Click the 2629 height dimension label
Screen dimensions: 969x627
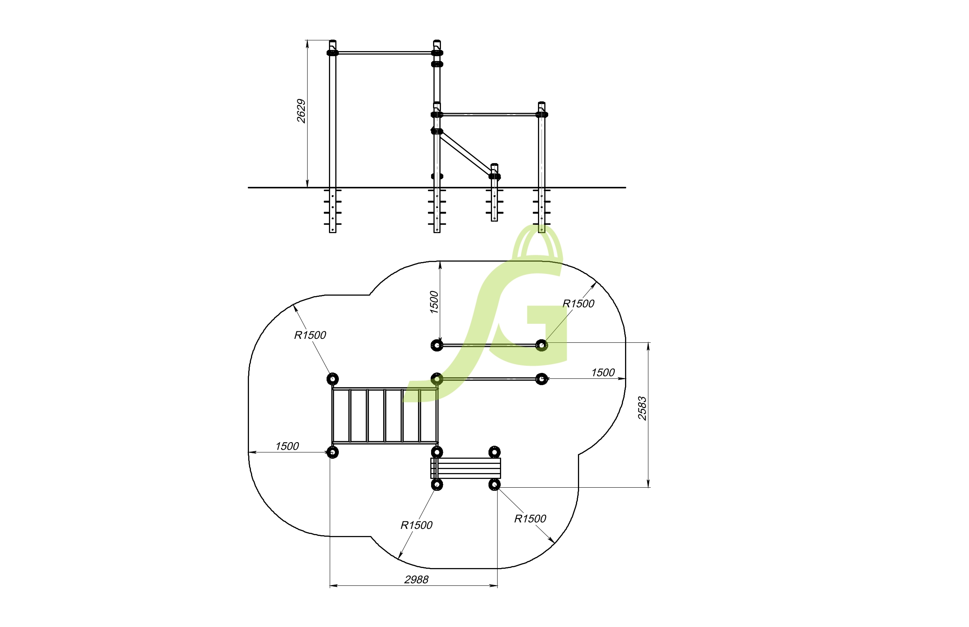click(301, 111)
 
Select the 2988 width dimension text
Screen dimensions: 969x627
click(416, 579)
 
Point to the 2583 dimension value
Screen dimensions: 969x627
click(642, 408)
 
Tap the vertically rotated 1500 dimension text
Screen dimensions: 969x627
click(434, 302)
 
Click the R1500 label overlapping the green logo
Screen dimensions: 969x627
click(578, 304)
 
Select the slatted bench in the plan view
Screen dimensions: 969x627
click(465, 468)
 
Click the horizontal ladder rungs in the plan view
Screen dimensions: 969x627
click(385, 415)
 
